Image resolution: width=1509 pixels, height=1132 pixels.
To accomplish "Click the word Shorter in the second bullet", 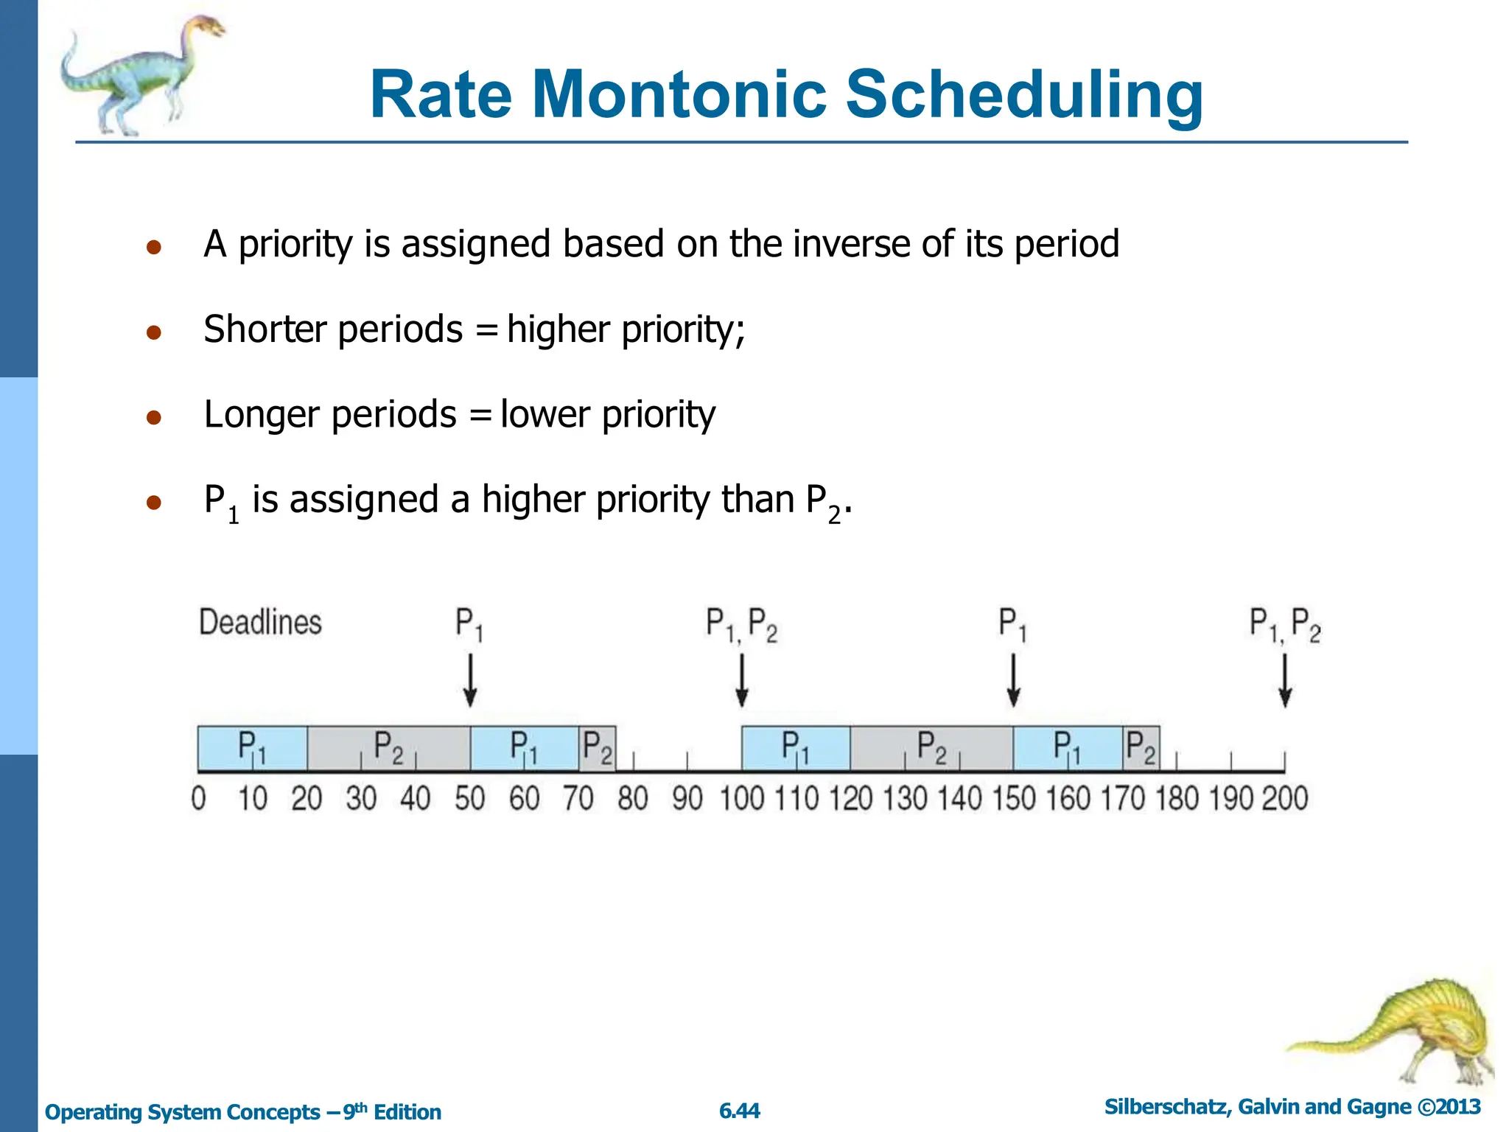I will [264, 329].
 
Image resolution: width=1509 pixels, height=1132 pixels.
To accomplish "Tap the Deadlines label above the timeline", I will [260, 623].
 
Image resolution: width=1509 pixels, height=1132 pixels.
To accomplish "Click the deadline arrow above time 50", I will [470, 680].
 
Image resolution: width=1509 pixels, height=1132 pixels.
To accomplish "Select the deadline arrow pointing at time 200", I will [1285, 680].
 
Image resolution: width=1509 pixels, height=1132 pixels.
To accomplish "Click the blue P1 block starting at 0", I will [252, 747].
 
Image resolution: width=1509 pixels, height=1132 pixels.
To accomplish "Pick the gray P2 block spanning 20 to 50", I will [388, 747].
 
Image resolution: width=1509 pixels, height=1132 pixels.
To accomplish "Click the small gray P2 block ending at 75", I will [597, 747].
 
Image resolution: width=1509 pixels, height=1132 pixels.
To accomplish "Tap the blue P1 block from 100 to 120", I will [796, 747].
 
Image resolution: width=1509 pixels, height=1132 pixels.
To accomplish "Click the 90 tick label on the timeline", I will [687, 799].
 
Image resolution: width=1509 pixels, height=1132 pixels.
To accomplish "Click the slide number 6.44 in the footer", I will [740, 1111].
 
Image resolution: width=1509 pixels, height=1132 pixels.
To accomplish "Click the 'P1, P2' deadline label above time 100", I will [741, 625].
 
